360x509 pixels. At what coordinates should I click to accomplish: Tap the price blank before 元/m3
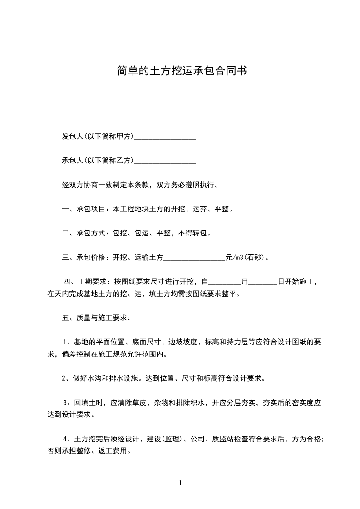pyautogui.click(x=194, y=258)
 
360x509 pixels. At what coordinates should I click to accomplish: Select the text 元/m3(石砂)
pyautogui.click(x=247, y=258)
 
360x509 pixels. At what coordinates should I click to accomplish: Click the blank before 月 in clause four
pyautogui.click(x=224, y=282)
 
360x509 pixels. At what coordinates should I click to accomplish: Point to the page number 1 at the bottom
pyautogui.click(x=180, y=483)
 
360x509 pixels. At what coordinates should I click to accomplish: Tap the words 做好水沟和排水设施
pyautogui.click(x=102, y=378)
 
